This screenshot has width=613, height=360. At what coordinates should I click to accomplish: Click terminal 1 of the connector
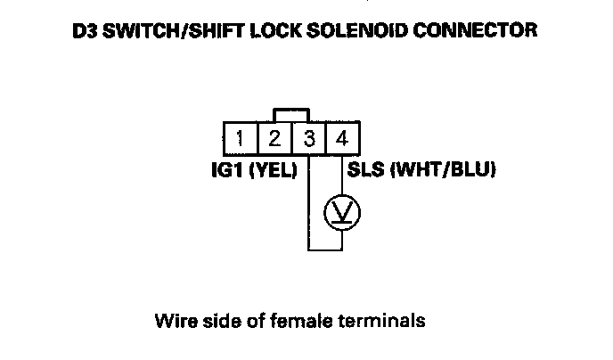click(241, 138)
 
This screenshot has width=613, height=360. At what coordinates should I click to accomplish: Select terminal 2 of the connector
click(274, 138)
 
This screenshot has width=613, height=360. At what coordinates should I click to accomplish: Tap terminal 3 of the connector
click(308, 138)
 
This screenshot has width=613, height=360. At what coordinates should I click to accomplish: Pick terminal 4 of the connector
click(342, 138)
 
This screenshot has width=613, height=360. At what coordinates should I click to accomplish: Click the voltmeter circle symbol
click(342, 213)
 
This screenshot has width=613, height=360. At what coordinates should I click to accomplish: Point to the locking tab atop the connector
click(291, 110)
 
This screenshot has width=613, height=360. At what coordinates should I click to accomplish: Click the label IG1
click(227, 169)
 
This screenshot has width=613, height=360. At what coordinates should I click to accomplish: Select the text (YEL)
click(274, 170)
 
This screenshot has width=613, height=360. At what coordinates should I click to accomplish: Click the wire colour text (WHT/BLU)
click(444, 170)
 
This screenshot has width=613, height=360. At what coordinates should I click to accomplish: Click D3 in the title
click(85, 30)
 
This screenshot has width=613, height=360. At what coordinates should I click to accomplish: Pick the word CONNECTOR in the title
click(475, 30)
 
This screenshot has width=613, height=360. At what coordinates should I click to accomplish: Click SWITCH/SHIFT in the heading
click(175, 30)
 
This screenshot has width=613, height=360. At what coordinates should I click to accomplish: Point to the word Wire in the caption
click(176, 321)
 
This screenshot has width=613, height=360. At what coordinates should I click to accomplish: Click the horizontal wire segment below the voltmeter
click(325, 250)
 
